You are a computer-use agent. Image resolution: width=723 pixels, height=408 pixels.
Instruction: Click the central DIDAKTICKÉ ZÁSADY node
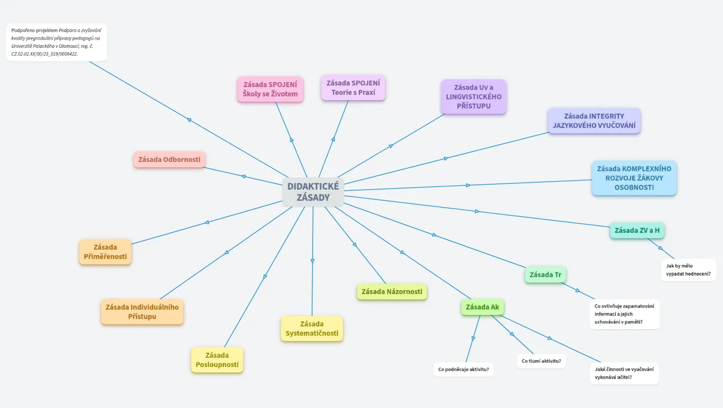313,192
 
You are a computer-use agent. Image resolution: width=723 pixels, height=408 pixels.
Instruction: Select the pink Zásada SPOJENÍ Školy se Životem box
270,89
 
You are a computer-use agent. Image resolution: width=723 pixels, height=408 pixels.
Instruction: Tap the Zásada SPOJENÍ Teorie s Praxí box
353,88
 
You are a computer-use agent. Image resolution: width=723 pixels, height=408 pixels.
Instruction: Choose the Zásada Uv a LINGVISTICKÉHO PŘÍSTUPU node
473,97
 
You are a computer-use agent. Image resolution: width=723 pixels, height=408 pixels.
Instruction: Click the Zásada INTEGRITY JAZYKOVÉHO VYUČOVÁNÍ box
594,121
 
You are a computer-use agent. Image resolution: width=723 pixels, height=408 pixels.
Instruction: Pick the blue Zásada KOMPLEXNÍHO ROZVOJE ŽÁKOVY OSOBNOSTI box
634,178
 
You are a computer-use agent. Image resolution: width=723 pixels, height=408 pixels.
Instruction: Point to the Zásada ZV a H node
637,231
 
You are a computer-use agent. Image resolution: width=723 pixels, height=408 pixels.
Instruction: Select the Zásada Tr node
545,275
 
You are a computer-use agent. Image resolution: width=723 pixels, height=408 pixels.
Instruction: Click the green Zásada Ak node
482,307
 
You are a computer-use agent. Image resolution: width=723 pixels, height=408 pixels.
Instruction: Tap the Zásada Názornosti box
392,292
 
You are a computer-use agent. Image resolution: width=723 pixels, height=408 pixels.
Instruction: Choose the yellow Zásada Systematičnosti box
312,329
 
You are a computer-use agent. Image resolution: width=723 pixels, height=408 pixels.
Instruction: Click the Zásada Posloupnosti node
217,360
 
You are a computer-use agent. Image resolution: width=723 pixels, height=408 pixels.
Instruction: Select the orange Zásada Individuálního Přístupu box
142,312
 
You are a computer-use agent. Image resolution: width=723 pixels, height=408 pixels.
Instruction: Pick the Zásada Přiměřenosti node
105,252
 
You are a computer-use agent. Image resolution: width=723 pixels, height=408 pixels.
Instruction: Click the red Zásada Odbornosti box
169,159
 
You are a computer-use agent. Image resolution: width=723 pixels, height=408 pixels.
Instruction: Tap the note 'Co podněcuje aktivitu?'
464,369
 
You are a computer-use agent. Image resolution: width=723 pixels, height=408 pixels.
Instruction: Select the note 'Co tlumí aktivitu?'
541,361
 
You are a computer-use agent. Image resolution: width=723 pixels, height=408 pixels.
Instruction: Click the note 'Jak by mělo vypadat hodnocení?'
688,270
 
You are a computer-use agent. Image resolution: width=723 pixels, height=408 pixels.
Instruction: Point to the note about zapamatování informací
624,314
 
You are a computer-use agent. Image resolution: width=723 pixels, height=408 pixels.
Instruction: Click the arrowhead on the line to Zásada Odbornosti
243,176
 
